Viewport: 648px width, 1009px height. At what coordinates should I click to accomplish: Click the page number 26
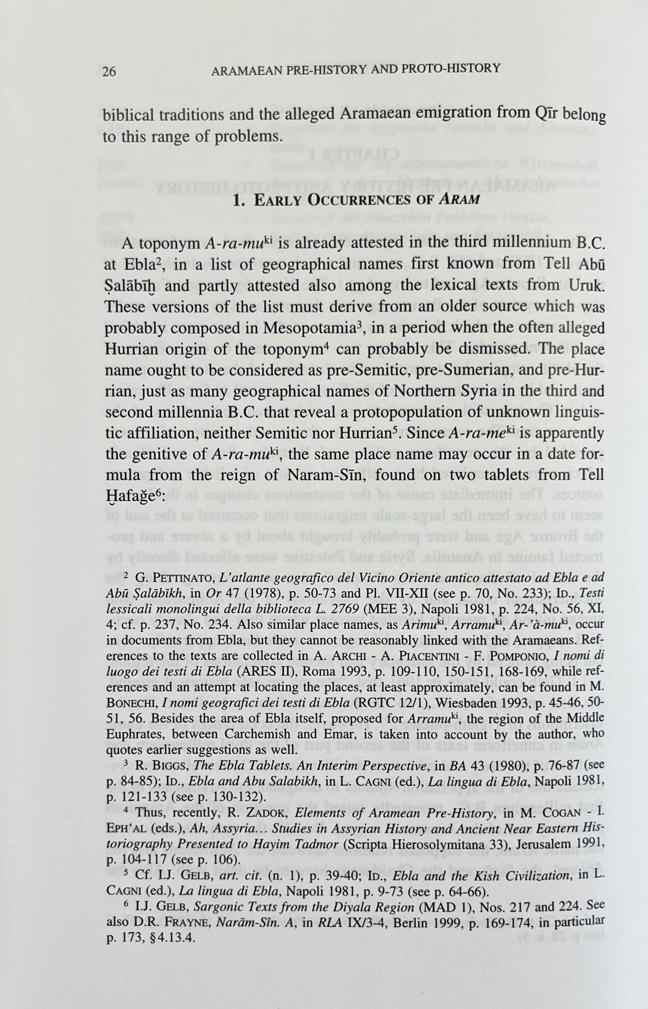coord(109,71)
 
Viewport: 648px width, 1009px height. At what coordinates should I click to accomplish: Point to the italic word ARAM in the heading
coord(459,198)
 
